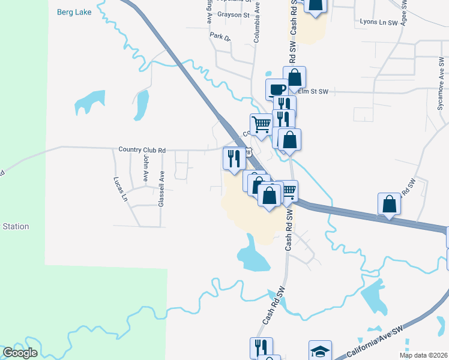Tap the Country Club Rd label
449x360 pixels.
[x=142, y=150]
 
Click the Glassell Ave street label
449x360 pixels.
[x=161, y=188]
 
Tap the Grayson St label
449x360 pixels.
[x=234, y=14]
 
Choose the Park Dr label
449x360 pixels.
[x=220, y=37]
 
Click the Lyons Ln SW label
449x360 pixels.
[x=379, y=22]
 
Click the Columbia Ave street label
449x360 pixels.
[x=257, y=22]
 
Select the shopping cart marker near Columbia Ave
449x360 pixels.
[x=261, y=124]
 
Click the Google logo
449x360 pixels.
[x=20, y=353]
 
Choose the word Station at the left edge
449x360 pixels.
[x=16, y=226]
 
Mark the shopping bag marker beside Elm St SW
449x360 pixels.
[x=295, y=77]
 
